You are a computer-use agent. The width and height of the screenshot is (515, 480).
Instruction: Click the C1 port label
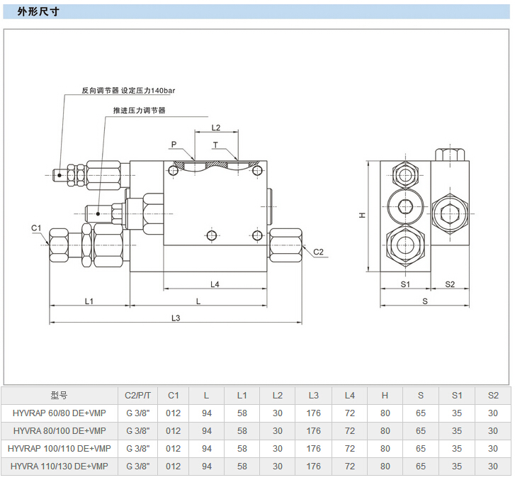click(x=37, y=228)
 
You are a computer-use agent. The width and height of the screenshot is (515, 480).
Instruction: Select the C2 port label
click(x=318, y=252)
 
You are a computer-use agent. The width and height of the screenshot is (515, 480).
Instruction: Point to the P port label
click(x=174, y=145)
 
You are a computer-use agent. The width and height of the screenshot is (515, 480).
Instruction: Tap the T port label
click(x=216, y=145)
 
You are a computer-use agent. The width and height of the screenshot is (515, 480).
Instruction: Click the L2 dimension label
click(x=216, y=128)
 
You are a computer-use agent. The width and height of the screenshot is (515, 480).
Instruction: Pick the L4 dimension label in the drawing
click(x=215, y=284)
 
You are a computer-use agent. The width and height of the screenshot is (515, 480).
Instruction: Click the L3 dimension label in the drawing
click(x=176, y=318)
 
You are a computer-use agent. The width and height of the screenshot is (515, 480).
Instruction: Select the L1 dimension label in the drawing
click(x=89, y=301)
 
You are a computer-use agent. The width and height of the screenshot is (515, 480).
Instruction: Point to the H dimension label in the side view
click(x=361, y=215)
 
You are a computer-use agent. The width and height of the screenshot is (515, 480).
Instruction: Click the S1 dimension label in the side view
click(x=405, y=284)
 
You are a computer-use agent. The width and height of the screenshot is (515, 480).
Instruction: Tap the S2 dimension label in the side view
click(x=450, y=284)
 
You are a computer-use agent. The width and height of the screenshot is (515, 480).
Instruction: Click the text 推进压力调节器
click(x=139, y=111)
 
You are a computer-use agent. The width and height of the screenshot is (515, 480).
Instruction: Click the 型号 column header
click(x=60, y=395)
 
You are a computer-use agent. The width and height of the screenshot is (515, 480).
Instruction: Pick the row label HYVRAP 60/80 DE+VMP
click(x=60, y=413)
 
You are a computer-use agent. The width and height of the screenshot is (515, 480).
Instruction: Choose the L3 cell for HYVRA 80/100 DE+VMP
click(x=314, y=430)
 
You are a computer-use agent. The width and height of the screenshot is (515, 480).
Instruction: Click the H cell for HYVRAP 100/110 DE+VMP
click(x=385, y=448)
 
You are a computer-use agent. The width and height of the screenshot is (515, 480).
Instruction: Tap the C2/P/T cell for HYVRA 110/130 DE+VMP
click(x=138, y=467)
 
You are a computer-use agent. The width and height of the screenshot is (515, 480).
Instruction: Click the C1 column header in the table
click(x=174, y=395)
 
